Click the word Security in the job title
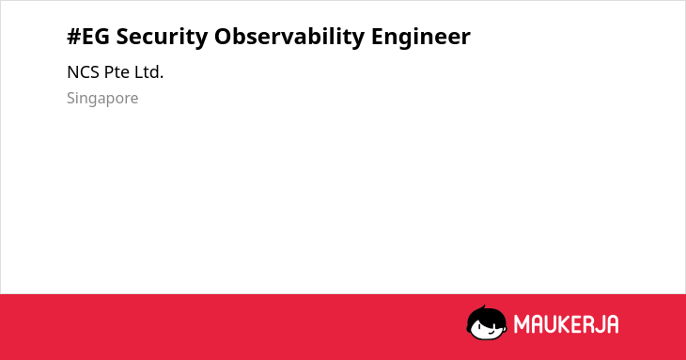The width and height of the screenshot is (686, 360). click(162, 38)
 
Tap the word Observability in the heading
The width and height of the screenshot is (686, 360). click(289, 38)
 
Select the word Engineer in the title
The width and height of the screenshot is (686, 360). click(421, 38)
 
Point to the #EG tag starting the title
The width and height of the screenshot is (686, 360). click(88, 37)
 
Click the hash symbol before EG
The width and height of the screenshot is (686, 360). click(74, 37)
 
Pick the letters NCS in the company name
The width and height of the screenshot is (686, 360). click(83, 72)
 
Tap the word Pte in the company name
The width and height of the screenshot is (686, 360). click(117, 72)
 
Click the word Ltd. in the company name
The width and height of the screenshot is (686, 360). click(148, 72)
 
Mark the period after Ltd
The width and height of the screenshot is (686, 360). click(162, 78)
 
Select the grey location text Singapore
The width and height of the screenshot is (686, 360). click(102, 99)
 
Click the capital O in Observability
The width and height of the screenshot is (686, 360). click(223, 37)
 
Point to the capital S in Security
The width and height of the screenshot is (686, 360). click(122, 37)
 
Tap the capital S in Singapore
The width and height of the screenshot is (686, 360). click(71, 98)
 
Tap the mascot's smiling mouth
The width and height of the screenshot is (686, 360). click(491, 333)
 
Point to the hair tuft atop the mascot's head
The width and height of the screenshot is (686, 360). click(483, 308)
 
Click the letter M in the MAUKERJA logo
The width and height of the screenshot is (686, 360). click(522, 324)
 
